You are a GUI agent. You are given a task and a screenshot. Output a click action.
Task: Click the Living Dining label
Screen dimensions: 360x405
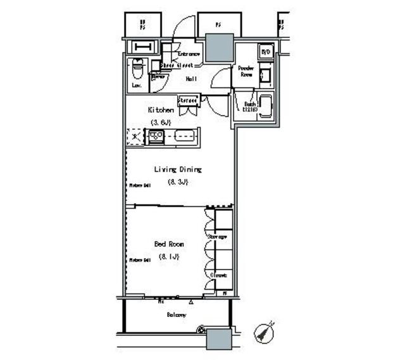[178, 170]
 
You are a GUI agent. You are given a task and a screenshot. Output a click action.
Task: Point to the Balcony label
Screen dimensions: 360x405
[177, 314]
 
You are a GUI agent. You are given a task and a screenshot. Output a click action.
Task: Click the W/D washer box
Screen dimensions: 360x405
[266, 52]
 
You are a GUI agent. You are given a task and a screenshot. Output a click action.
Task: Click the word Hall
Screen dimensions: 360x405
[190, 79]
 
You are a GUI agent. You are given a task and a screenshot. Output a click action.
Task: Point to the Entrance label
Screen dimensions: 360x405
[189, 54]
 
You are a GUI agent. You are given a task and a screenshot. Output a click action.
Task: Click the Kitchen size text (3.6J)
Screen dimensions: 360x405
[161, 121]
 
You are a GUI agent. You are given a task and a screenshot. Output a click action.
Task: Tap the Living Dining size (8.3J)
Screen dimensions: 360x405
[178, 182]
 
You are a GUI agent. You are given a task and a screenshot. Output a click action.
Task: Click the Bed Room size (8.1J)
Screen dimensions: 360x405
[168, 256]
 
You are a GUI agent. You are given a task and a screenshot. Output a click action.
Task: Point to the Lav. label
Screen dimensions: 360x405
[135, 85]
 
